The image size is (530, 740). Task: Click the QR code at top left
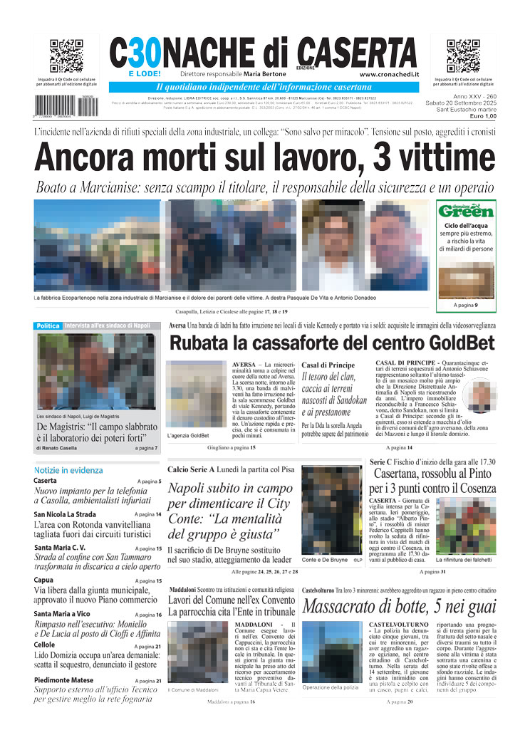[66, 56]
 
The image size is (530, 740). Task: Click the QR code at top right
[463, 56]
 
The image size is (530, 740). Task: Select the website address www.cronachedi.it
[389, 74]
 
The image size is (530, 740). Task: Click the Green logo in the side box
[466, 212]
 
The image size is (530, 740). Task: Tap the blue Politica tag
[48, 325]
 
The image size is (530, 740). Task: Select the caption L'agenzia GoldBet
[188, 435]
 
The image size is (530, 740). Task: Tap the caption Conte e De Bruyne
[325, 560]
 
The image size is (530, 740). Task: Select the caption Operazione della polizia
[331, 687]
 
